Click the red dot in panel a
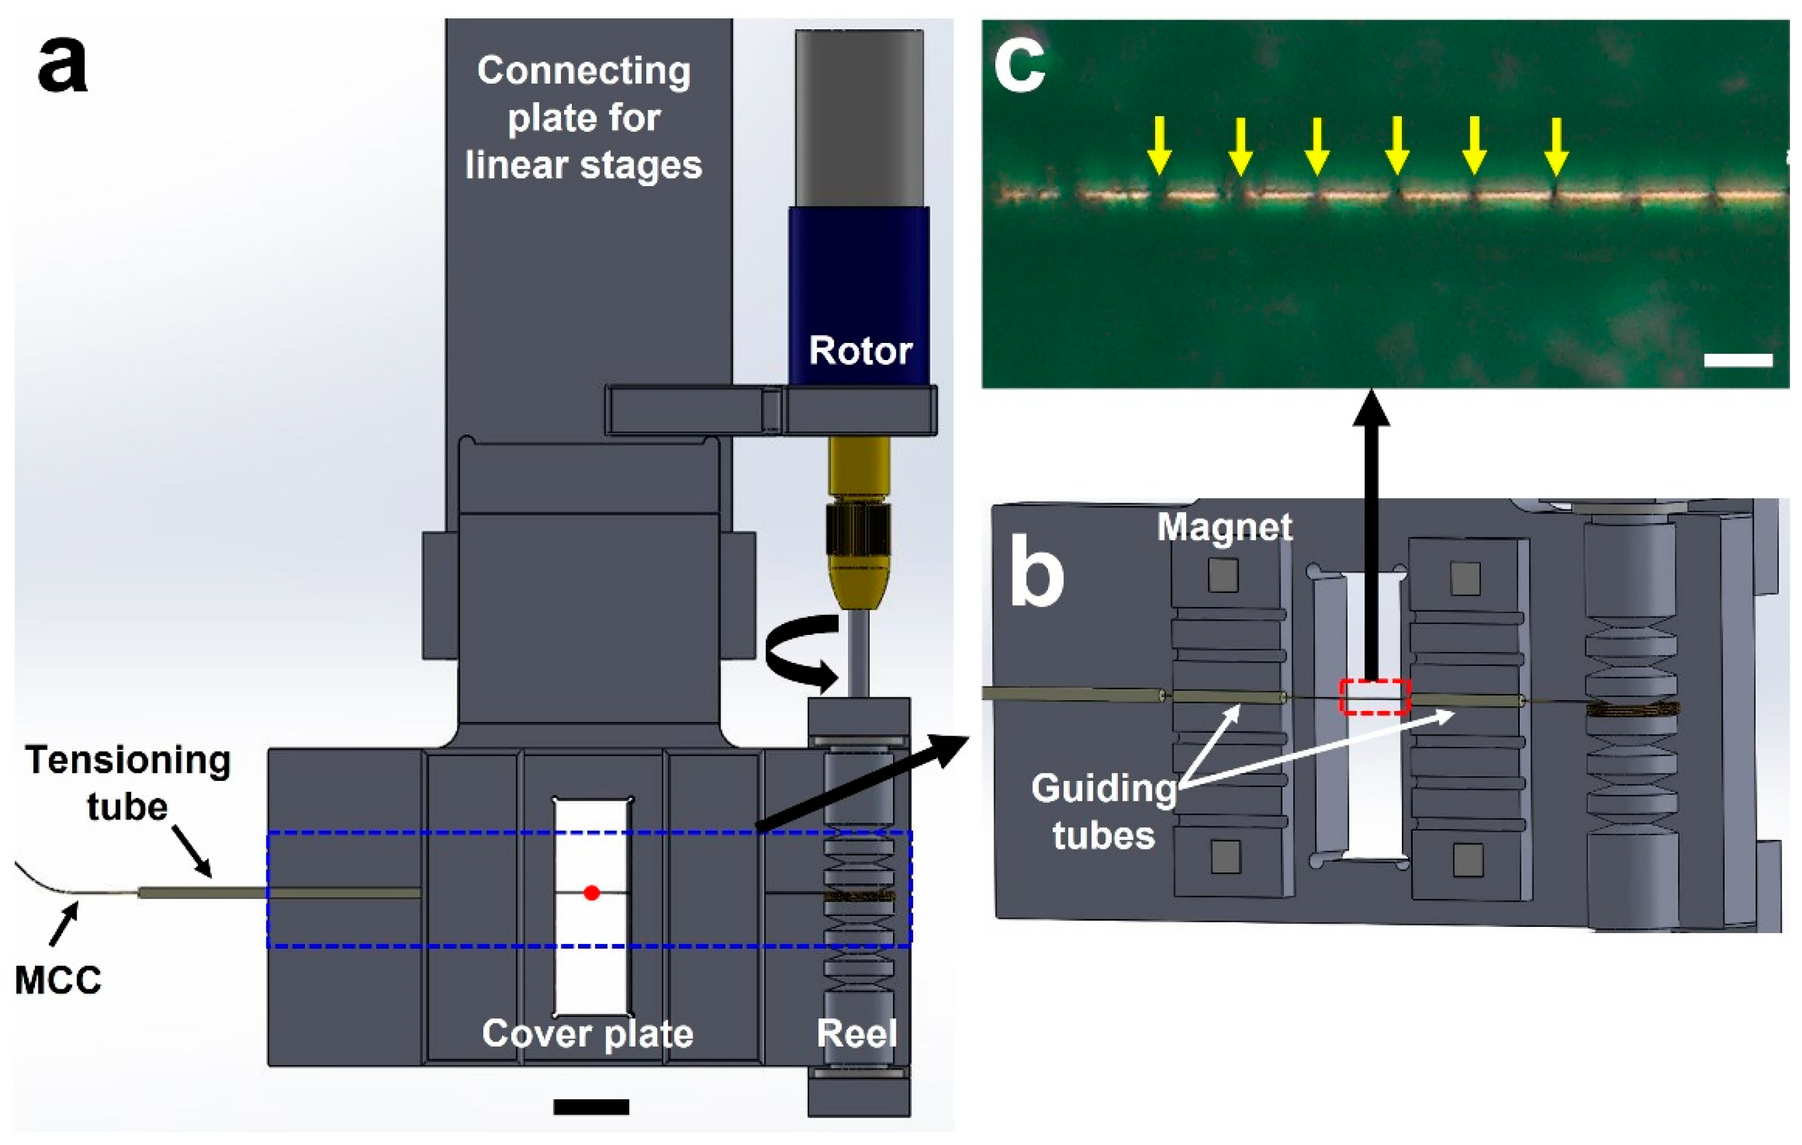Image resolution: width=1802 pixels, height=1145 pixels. pyautogui.click(x=592, y=892)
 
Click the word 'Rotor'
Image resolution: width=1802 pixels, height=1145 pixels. pyautogui.click(x=860, y=350)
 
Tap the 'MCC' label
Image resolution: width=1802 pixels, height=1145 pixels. pyautogui.click(x=58, y=980)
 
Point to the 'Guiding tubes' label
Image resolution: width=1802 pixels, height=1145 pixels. pyautogui.click(x=1104, y=811)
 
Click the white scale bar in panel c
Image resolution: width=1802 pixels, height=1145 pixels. pyautogui.click(x=1738, y=360)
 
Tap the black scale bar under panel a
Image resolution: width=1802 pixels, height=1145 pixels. pyautogui.click(x=591, y=1106)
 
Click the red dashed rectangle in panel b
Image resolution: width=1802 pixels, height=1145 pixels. pyautogui.click(x=1375, y=697)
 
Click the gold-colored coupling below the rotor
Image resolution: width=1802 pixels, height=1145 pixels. pyautogui.click(x=858, y=524)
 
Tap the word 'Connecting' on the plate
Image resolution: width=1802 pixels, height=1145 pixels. pyautogui.click(x=584, y=72)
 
